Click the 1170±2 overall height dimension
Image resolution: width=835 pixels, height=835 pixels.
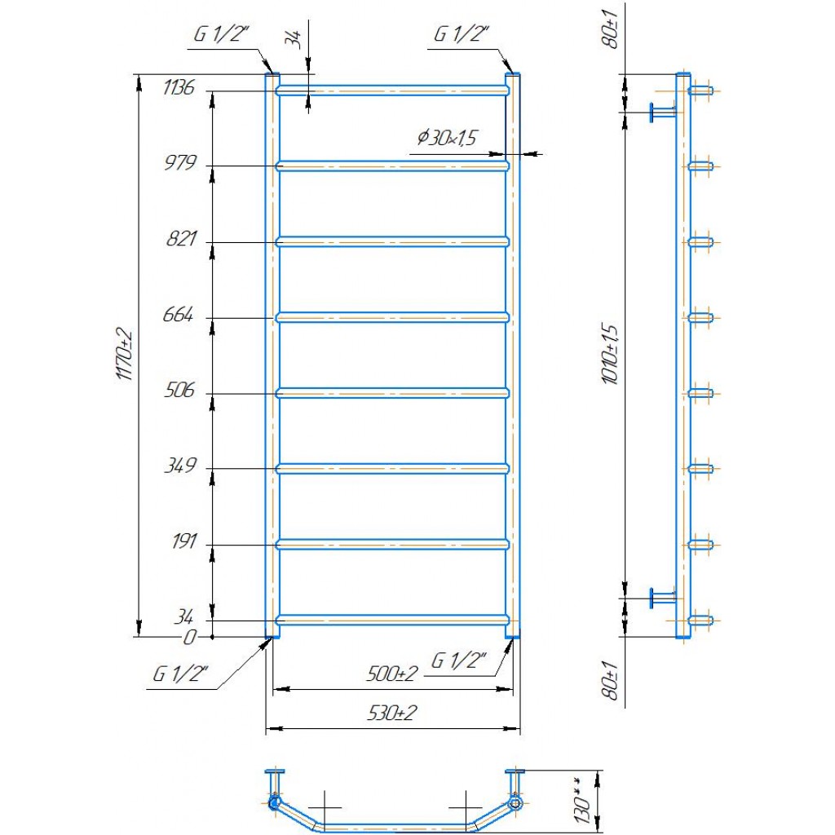click(x=124, y=354)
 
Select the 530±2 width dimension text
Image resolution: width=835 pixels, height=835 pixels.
click(x=392, y=713)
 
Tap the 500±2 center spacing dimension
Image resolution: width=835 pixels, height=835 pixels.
click(x=392, y=674)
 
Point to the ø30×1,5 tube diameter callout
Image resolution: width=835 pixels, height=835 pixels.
click(x=447, y=138)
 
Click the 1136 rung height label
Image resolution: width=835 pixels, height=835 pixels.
click(x=179, y=86)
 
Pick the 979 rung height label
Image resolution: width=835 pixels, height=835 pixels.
click(x=180, y=162)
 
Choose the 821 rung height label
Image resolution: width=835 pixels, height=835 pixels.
click(x=182, y=239)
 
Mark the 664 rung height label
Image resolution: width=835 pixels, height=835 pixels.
click(x=178, y=315)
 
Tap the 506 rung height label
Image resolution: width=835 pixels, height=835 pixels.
click(x=179, y=391)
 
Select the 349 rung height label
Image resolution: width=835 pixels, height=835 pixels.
click(x=180, y=466)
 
